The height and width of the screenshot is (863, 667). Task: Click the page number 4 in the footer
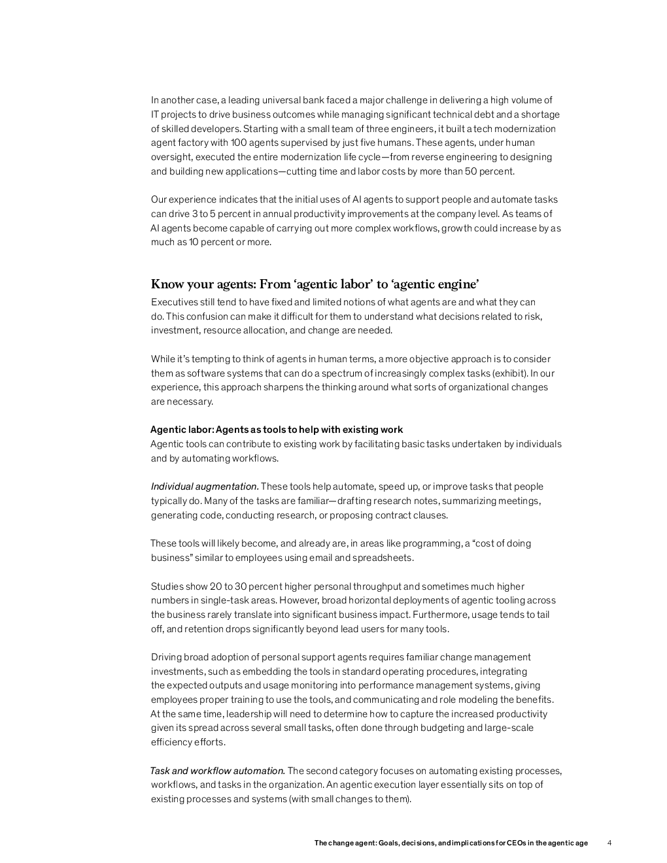609,843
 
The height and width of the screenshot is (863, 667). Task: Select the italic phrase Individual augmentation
205,486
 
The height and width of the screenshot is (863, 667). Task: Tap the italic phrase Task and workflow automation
217,771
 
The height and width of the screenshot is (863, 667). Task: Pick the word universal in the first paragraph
283,100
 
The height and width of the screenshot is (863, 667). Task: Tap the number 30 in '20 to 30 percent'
239,586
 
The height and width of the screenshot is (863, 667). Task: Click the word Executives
175,302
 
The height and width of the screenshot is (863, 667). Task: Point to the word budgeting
438,728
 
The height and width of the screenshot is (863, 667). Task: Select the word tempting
213,359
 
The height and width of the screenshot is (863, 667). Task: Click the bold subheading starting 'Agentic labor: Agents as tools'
277,430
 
